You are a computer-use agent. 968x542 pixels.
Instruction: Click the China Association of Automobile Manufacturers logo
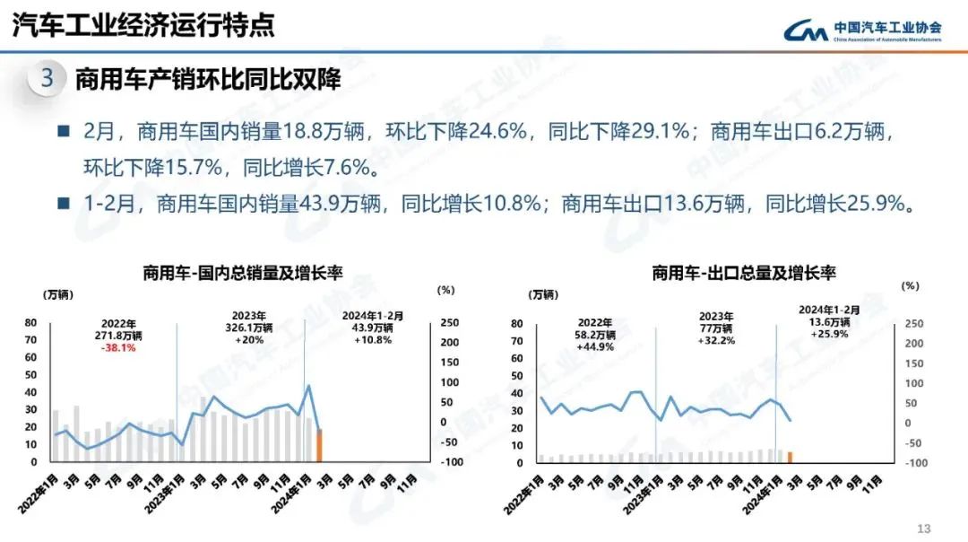pyautogui.click(x=862, y=31)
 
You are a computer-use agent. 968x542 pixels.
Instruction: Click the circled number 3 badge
pyautogui.click(x=48, y=78)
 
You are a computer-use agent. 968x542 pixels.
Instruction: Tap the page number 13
pyautogui.click(x=925, y=528)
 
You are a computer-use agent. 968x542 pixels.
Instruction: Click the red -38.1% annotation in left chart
pyautogui.click(x=118, y=348)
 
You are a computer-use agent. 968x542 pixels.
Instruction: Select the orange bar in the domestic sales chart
pyautogui.click(x=319, y=445)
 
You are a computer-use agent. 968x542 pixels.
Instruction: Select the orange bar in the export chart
pyautogui.click(x=790, y=457)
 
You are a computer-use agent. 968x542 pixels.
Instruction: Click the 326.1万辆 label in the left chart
pyautogui.click(x=248, y=328)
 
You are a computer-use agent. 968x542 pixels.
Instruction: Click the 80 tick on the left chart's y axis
pyautogui.click(x=30, y=323)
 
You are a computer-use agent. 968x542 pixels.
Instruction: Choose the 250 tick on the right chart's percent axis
pyautogui.click(x=912, y=324)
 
